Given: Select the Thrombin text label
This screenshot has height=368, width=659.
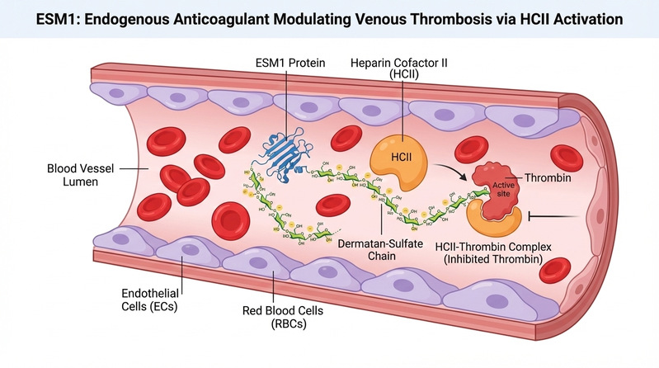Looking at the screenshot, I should (x=548, y=177).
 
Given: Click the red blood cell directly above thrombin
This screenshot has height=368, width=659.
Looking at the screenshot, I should (x=471, y=148).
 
